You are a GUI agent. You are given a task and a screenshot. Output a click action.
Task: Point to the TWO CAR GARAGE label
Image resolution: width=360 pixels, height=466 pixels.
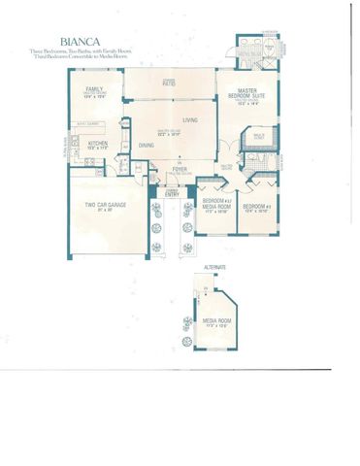103,206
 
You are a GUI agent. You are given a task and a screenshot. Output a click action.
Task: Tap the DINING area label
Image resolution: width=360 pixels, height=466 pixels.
146,146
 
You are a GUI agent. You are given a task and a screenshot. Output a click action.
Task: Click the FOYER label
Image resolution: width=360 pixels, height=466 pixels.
180,168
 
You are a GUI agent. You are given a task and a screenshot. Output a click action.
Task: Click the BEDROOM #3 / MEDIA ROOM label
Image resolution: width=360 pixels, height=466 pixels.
215,206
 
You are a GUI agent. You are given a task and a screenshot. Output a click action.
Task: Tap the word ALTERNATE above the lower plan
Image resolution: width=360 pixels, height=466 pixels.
214,266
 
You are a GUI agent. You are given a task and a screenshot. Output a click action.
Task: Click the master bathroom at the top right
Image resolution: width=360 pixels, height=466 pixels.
257,50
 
